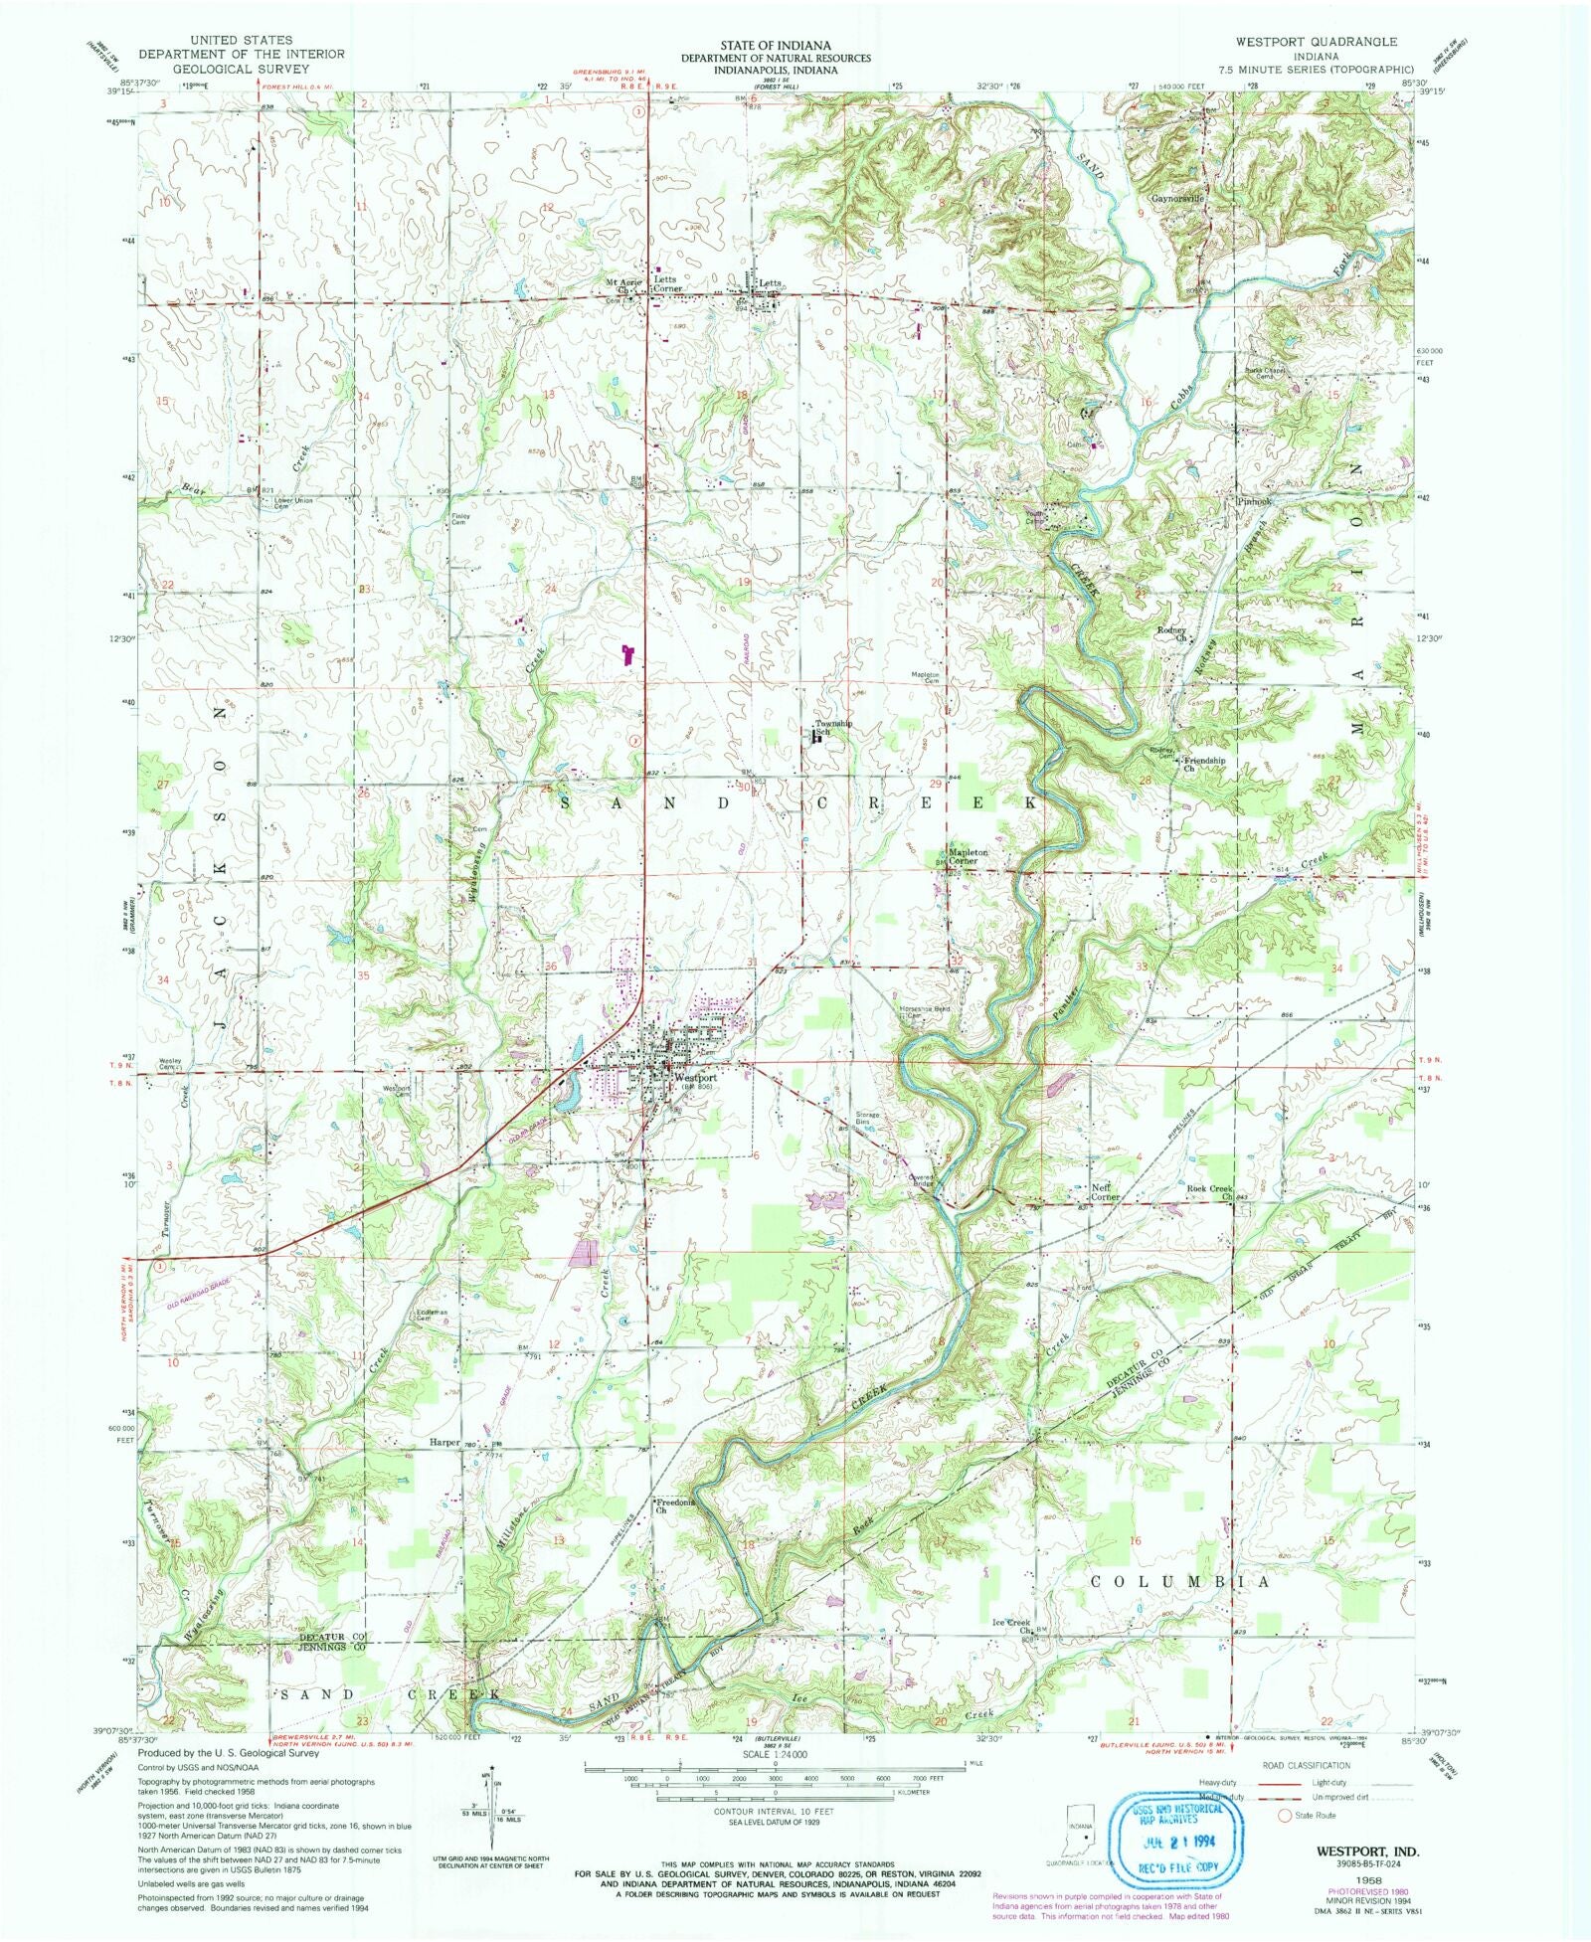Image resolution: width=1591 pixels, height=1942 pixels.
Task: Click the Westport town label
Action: pyautogui.click(x=694, y=1078)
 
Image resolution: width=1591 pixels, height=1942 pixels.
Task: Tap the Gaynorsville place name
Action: pyautogui.click(x=1177, y=198)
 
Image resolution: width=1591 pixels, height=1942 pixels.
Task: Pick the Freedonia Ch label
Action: pyautogui.click(x=673, y=1505)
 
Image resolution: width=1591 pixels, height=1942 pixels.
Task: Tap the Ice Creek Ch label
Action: pyautogui.click(x=1012, y=1626)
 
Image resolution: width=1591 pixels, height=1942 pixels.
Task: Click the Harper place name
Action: pyautogui.click(x=443, y=1442)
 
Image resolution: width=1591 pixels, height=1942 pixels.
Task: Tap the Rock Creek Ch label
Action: pyautogui.click(x=1209, y=1191)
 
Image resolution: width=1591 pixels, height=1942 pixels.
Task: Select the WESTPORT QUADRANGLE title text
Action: pyautogui.click(x=1317, y=42)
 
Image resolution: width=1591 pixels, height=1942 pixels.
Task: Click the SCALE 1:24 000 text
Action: pyautogui.click(x=775, y=1756)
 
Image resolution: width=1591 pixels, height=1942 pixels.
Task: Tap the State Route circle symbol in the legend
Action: pyautogui.click(x=1284, y=1816)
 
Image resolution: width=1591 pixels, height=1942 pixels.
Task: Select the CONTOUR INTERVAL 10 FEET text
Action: pyautogui.click(x=775, y=1812)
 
